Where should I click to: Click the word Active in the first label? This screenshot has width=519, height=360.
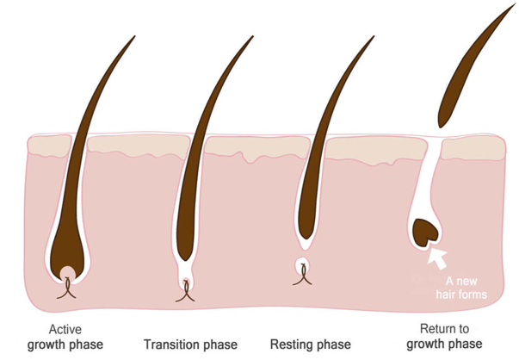pos(65,329)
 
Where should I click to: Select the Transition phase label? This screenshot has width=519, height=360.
pos(190,344)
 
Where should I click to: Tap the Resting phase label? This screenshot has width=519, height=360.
pos(311,344)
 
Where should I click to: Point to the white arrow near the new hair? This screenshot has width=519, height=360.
pos(437,258)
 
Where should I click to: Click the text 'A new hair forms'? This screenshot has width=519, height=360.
pos(461,288)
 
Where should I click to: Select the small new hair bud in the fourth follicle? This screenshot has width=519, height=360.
pos(426,233)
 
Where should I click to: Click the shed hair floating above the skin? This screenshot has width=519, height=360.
pos(477,65)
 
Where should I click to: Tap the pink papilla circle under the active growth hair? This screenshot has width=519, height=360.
pos(67,273)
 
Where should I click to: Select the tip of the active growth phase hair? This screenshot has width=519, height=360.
pos(135,36)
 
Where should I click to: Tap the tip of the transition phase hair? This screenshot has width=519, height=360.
pos(253,36)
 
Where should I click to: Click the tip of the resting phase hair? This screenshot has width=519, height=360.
pos(374,36)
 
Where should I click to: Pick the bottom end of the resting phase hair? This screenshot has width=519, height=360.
pos(306,239)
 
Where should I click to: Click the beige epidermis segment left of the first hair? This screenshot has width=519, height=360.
pos(50,145)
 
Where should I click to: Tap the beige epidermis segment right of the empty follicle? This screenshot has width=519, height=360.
pos(473,148)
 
